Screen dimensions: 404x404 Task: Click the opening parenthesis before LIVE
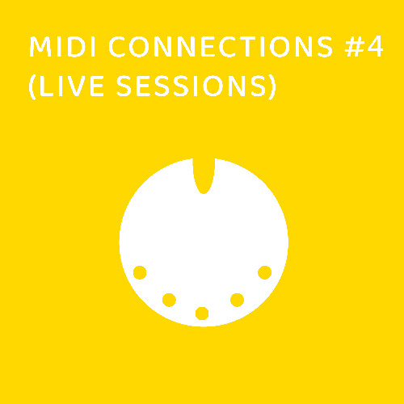(x=32, y=88)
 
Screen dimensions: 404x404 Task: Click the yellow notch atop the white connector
(x=204, y=174)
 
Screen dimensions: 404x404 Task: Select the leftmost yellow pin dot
(x=140, y=272)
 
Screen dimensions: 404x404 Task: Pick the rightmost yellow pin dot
(x=264, y=272)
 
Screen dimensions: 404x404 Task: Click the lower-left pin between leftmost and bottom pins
(x=169, y=301)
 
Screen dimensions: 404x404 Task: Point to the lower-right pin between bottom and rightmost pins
(x=237, y=301)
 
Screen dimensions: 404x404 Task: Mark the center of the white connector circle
(x=204, y=242)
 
